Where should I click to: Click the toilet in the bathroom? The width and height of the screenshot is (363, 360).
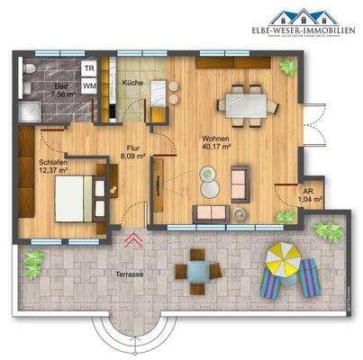coord(32,69)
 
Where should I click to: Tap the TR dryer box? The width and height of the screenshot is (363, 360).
coord(89,68)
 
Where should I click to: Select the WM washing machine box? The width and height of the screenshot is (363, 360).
coord(89,85)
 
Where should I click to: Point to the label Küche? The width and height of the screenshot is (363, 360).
coord(132,83)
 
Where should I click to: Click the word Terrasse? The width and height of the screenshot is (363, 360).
coord(132,270)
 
